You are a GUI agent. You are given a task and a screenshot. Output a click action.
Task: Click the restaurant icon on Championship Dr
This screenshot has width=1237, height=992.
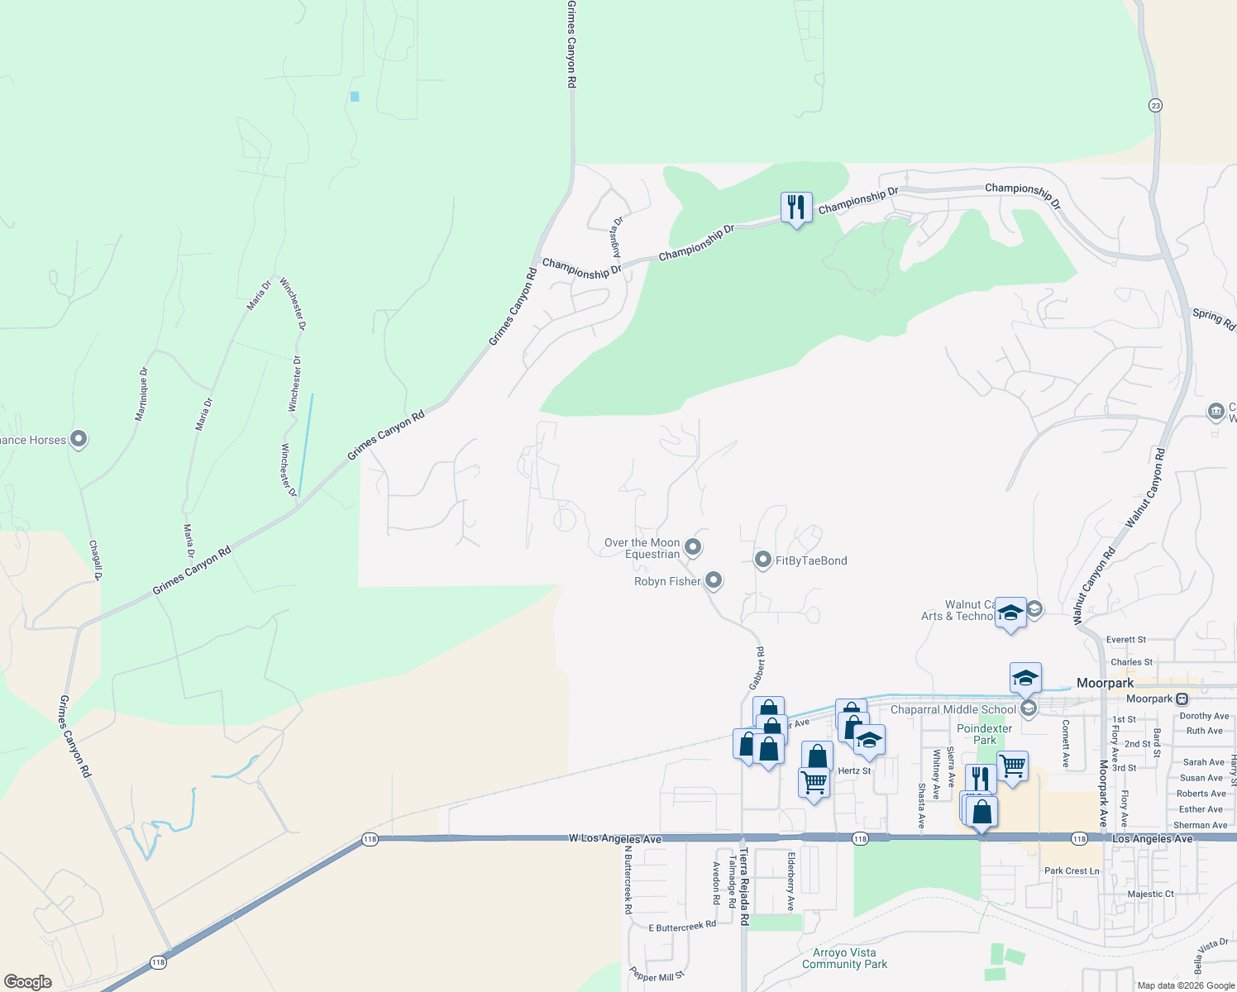pyautogui.click(x=796, y=207)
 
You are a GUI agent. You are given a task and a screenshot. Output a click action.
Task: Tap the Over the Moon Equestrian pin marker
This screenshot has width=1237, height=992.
pyautogui.click(x=694, y=546)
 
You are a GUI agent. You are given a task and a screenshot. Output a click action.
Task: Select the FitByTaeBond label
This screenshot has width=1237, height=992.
pyautogui.click(x=810, y=560)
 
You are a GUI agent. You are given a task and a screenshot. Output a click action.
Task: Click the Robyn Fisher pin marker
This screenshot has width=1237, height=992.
pyautogui.click(x=714, y=580)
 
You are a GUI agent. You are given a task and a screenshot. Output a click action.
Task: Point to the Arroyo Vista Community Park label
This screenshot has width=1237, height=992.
pyautogui.click(x=844, y=958)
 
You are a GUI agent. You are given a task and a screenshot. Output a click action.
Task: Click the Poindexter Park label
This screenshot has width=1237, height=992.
pyautogui.click(x=984, y=734)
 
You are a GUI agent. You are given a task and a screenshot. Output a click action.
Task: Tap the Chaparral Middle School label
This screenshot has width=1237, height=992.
pyautogui.click(x=953, y=709)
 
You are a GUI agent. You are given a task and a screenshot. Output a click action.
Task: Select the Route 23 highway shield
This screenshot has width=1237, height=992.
pyautogui.click(x=1155, y=105)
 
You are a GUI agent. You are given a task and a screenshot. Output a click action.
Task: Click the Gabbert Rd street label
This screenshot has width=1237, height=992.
pyautogui.click(x=757, y=668)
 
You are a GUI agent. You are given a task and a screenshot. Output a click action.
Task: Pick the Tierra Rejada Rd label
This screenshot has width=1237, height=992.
pyautogui.click(x=744, y=885)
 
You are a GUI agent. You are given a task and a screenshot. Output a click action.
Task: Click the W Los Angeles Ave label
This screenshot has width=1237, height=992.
pyautogui.click(x=615, y=838)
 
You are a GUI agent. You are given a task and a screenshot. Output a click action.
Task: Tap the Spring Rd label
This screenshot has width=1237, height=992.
pyautogui.click(x=1213, y=318)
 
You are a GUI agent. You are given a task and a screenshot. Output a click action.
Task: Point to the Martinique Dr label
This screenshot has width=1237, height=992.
pyautogui.click(x=142, y=394)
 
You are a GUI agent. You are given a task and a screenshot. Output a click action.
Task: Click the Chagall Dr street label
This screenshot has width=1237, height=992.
pyautogui.click(x=96, y=560)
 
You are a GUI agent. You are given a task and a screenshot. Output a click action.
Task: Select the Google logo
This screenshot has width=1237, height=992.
pyautogui.click(x=28, y=982)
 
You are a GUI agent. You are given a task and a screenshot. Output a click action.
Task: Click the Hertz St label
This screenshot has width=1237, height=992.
pyautogui.click(x=854, y=770)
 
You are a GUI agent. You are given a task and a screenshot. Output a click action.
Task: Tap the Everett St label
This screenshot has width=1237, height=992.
pyautogui.click(x=1126, y=640)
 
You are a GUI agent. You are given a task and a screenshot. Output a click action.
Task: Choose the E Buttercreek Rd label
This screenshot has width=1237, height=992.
pyautogui.click(x=682, y=927)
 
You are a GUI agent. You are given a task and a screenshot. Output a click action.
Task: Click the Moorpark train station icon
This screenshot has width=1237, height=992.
pyautogui.click(x=1182, y=699)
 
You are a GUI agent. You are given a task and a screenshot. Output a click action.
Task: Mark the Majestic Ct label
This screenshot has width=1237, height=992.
pyautogui.click(x=1150, y=894)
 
